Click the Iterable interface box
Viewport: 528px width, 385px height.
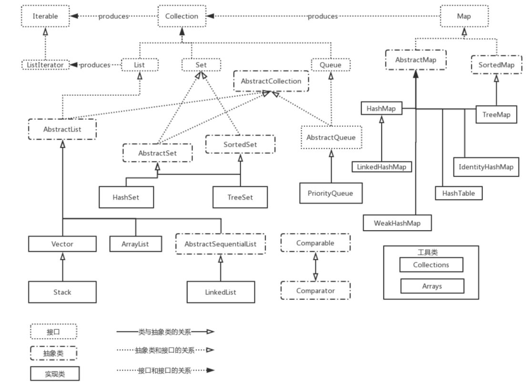45,16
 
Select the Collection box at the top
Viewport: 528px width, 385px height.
182,16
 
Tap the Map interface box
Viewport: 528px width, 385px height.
464,16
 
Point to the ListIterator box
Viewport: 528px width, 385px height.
45,65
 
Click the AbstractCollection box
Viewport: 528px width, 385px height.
271,81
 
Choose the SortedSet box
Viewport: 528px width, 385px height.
240,144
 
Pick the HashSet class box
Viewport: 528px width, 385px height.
126,197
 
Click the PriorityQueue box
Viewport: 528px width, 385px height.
331,193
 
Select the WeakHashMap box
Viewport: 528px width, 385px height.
397,223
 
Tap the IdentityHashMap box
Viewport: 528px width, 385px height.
486,167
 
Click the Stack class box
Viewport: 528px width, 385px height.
62,292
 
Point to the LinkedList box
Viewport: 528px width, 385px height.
221,292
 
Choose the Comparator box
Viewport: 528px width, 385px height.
315,290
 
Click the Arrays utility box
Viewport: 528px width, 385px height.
432,286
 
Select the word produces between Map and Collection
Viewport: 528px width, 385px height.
323,16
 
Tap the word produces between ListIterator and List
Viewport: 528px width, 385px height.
95,65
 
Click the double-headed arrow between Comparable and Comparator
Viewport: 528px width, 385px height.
315,266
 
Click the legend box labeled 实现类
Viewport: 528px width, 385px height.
55,374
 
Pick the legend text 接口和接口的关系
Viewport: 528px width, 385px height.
165,371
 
